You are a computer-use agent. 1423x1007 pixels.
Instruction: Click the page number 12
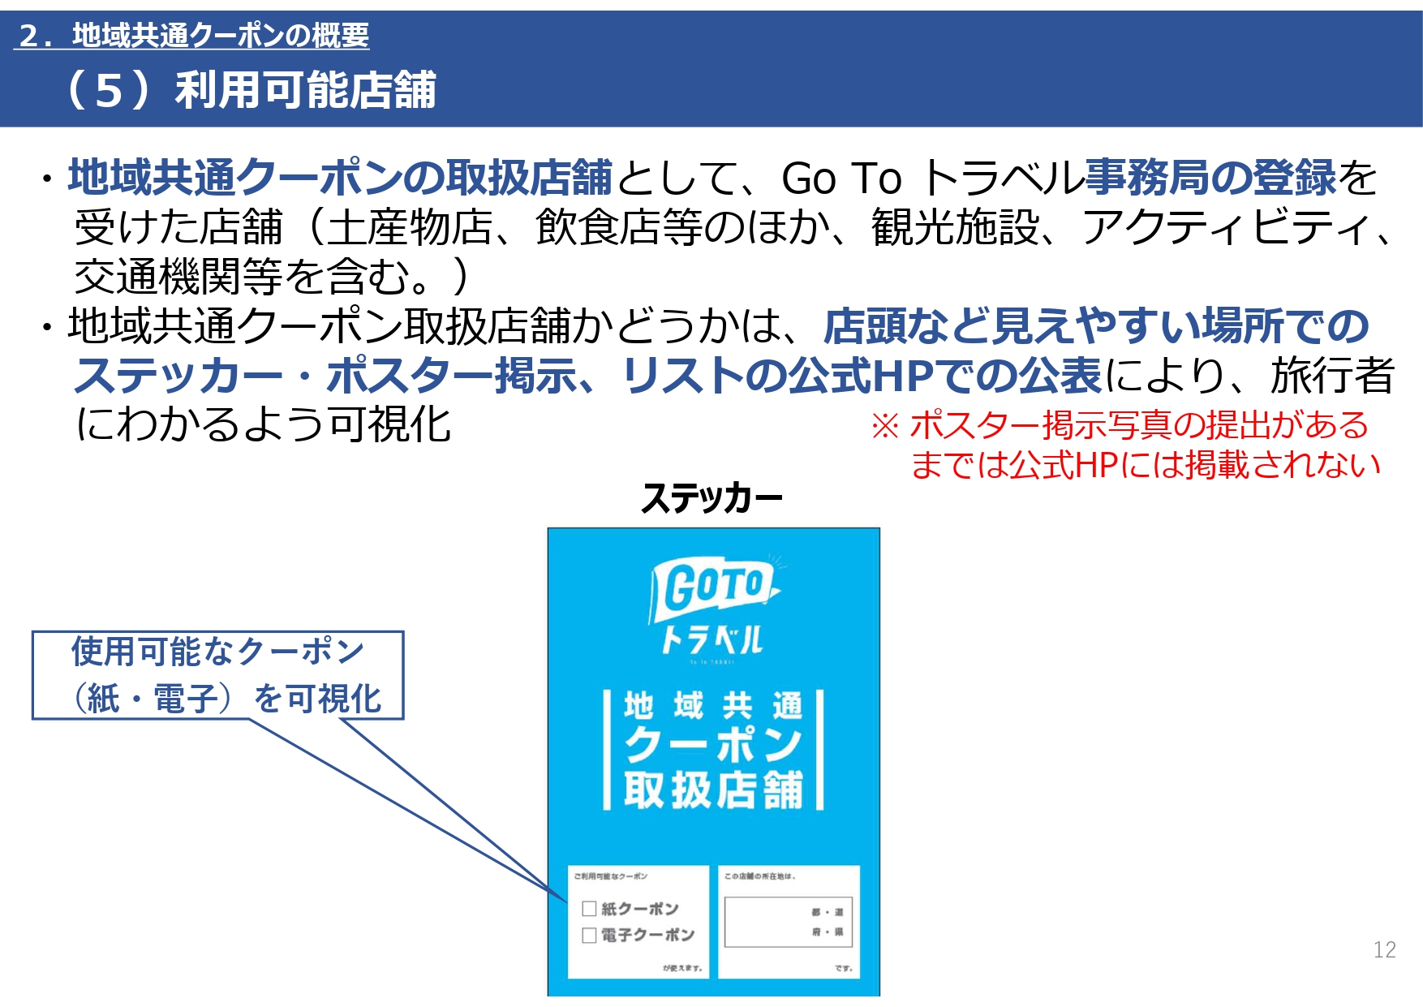[1384, 949]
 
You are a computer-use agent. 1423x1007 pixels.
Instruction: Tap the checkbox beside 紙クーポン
[590, 909]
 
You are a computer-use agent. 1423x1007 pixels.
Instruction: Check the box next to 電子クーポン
[590, 936]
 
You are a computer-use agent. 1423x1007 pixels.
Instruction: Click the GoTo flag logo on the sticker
[714, 586]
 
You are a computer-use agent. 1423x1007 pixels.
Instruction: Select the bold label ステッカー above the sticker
[711, 497]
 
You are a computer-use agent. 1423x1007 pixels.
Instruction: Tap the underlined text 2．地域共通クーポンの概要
[193, 35]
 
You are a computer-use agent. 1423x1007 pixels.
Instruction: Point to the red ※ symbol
[885, 425]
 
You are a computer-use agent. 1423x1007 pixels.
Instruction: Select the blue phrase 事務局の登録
[1210, 178]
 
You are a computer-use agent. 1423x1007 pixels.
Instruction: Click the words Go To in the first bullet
[841, 179]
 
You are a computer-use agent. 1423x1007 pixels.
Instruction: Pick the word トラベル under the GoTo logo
[712, 640]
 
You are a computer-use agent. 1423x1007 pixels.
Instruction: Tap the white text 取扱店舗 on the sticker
[713, 790]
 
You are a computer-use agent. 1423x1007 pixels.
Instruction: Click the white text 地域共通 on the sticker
[713, 706]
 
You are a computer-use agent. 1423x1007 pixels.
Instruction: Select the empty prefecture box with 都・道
[788, 922]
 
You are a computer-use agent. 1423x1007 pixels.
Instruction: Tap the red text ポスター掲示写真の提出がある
[1139, 425]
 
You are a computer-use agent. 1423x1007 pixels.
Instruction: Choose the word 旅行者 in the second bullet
[1333, 376]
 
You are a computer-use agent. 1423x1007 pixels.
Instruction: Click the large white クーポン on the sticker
[713, 745]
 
